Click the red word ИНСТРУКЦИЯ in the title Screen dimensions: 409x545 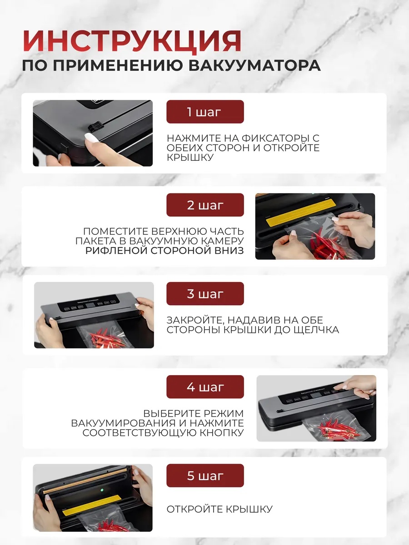pos(132,41)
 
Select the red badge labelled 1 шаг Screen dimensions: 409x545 pos(205,112)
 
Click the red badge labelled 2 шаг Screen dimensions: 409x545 pos(205,205)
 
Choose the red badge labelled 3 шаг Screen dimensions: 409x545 pos(205,293)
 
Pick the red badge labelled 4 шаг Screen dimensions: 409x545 pos(205,386)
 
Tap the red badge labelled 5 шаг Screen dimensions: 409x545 pos(205,475)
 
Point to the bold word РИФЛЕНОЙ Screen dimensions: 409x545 pos(116,251)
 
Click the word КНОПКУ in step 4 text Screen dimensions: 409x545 pos(222,432)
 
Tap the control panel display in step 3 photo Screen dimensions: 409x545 pos(90,305)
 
